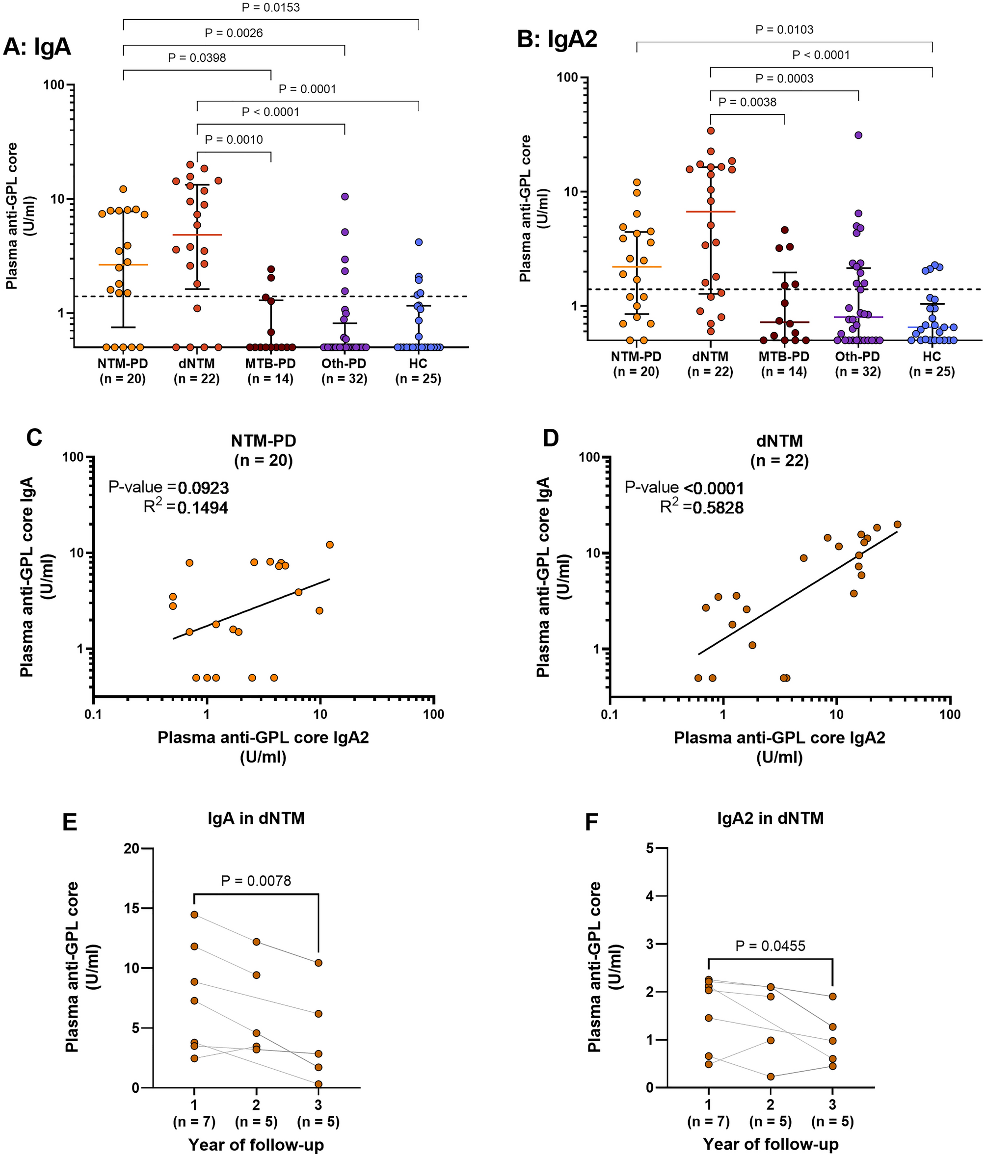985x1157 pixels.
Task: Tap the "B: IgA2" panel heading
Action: (557, 40)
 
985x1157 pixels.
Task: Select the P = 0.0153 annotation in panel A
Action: (270, 8)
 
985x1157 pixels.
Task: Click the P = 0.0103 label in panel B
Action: (784, 29)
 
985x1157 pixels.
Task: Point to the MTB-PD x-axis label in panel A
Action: (270, 364)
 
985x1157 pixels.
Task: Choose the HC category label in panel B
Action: (932, 356)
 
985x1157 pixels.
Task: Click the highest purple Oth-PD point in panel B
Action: (858, 135)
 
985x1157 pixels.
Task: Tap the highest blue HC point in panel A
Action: (418, 242)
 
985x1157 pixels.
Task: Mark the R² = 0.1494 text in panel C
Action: (186, 507)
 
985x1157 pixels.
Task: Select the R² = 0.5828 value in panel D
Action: (701, 507)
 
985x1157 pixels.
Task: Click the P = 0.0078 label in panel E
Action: (256, 881)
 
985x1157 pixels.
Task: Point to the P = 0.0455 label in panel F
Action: (770, 946)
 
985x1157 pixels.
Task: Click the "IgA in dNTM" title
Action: (256, 818)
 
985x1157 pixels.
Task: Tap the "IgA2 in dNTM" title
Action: (770, 818)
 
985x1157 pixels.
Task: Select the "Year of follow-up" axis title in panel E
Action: (256, 1140)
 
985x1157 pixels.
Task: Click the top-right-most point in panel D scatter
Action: (897, 524)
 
